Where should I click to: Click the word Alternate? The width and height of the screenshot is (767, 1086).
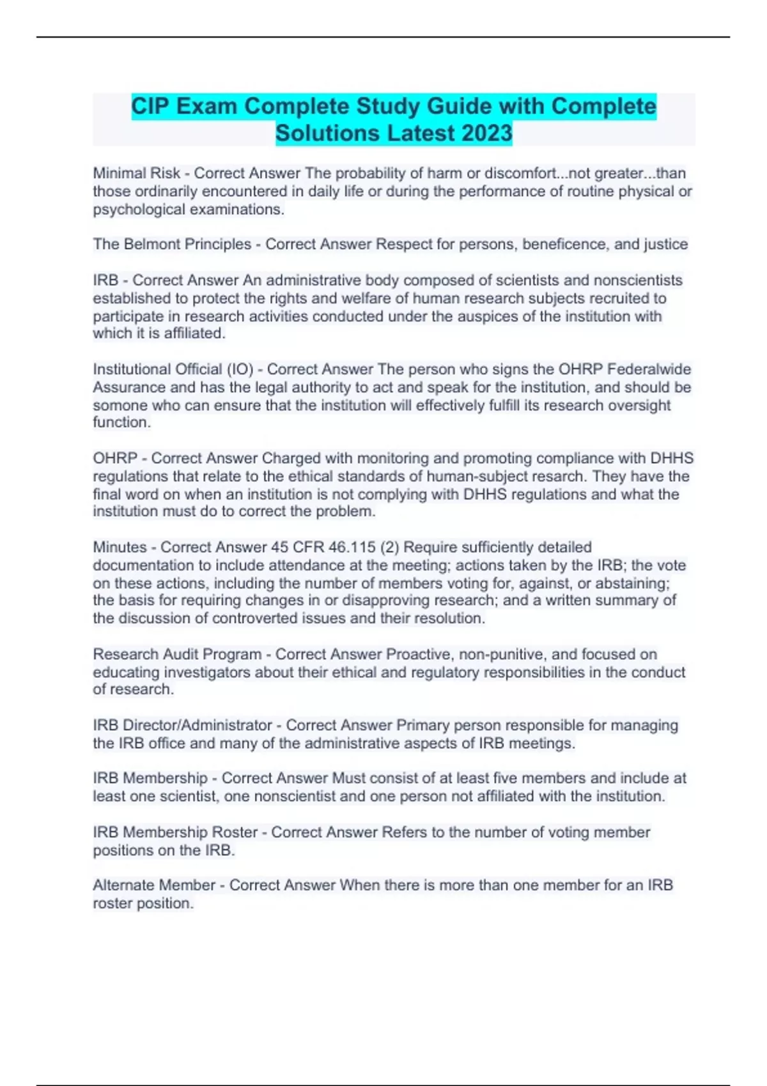coord(122,885)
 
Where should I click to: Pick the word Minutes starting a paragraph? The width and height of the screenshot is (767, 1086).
coord(120,547)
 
